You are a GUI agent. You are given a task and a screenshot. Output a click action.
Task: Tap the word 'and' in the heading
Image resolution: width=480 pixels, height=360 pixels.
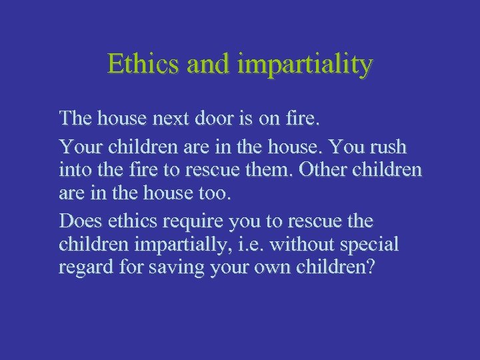[x=207, y=65]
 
